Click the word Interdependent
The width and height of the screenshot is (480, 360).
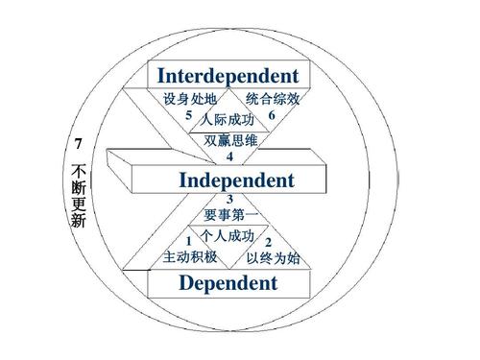click(x=228, y=76)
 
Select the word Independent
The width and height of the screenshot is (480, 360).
click(x=236, y=180)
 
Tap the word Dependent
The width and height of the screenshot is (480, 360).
click(x=228, y=283)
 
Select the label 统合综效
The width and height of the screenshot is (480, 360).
click(x=273, y=100)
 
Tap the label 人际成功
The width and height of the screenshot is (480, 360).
click(x=228, y=120)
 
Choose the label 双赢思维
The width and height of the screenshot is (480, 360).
click(x=230, y=141)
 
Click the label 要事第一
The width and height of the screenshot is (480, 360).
click(x=230, y=215)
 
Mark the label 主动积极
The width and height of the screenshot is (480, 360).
click(x=190, y=257)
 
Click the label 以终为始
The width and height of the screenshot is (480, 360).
click(x=273, y=257)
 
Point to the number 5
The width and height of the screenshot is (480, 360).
click(x=190, y=116)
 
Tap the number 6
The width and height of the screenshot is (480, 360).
click(x=272, y=115)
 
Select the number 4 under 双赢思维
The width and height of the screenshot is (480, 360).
click(x=229, y=156)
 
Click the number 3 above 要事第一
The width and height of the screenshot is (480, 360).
click(x=229, y=200)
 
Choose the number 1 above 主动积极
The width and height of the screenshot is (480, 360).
click(x=190, y=241)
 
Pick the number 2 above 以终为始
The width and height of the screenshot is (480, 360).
click(x=268, y=242)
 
